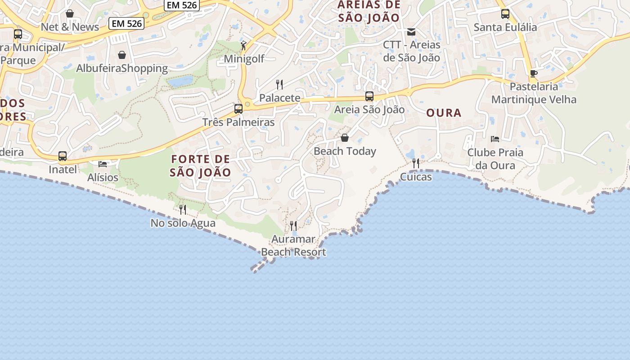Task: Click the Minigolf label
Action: tap(244, 59)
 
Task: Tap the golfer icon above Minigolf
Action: tap(243, 45)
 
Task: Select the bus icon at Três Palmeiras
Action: tap(238, 108)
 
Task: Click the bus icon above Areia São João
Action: tap(369, 96)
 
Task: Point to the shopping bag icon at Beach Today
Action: tap(345, 138)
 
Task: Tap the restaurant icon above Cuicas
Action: tap(416, 163)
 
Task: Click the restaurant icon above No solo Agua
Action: tap(183, 209)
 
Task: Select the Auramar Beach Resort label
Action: tap(293, 246)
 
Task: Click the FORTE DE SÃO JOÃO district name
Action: tap(201, 166)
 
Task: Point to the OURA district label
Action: tap(444, 113)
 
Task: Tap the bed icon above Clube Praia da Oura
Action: tap(495, 139)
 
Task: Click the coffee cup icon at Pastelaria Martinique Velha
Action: tap(534, 73)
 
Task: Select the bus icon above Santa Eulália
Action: tap(505, 14)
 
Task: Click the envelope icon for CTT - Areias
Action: tap(411, 32)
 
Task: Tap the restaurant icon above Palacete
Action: tap(279, 84)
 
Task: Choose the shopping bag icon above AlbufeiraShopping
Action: tap(122, 55)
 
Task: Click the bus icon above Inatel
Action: tap(63, 156)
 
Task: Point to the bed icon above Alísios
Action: tap(103, 164)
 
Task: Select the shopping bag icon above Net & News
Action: tap(70, 13)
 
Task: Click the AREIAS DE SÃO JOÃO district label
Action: tap(369, 11)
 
